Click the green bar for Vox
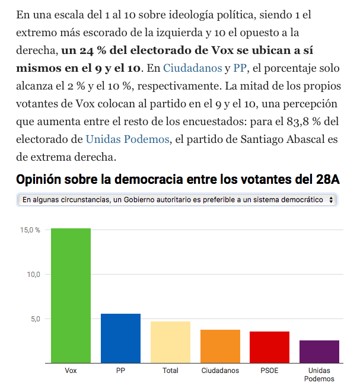point(71,295)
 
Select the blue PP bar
point(120,338)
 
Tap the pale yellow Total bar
point(170,342)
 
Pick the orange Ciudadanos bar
point(220,346)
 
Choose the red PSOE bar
point(269,347)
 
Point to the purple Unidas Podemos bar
point(319,352)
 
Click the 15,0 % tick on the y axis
point(30,230)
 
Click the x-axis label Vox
point(71,371)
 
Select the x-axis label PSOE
point(269,371)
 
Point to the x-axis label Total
point(170,371)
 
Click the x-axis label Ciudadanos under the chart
point(220,371)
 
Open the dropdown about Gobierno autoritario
point(177,200)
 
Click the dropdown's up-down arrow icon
point(330,200)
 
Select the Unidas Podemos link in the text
point(128,140)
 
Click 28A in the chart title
point(326,180)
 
